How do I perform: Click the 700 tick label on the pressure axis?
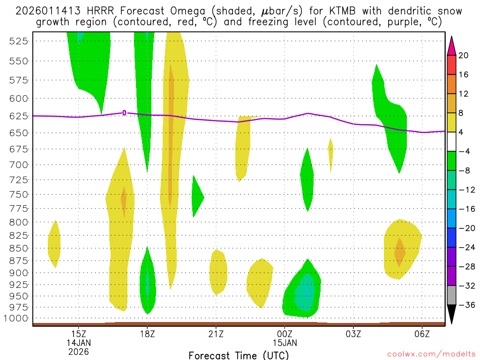click(19, 165)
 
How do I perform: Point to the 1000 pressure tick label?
click(17, 318)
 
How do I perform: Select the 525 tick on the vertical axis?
click(19, 41)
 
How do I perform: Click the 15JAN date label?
click(285, 343)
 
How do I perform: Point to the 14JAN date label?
click(79, 343)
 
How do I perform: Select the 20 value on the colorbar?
click(464, 55)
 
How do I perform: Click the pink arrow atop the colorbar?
click(451, 45)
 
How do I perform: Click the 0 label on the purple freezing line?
click(124, 112)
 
